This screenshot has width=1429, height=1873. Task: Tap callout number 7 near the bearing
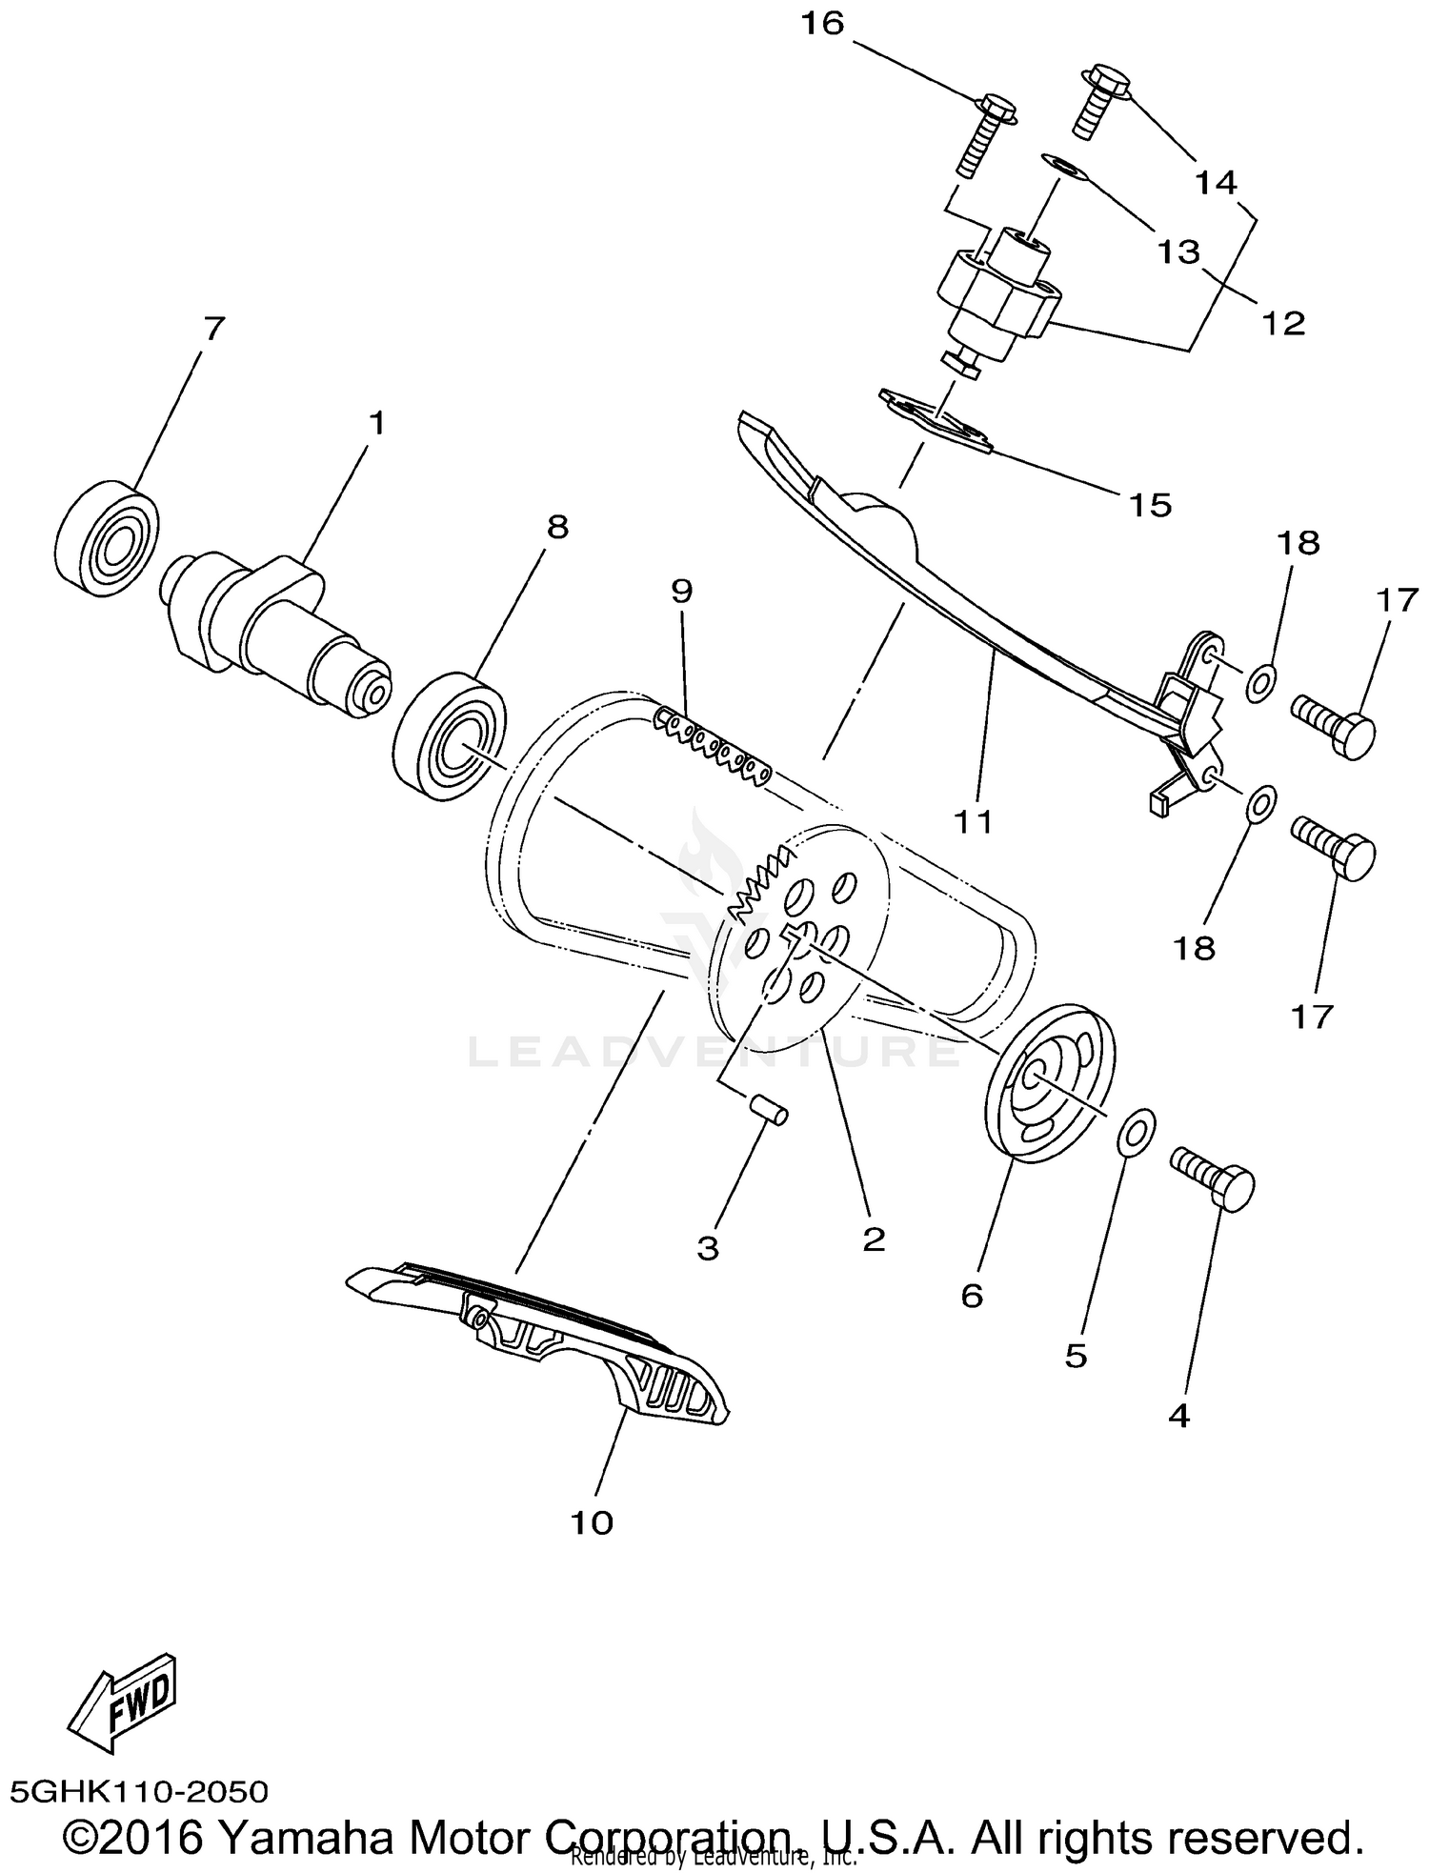(x=214, y=329)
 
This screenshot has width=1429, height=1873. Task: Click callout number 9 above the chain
(x=682, y=591)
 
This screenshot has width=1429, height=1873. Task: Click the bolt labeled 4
(x=1214, y=1179)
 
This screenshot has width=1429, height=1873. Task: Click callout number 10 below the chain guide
(x=592, y=1522)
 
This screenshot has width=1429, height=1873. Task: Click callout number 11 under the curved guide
(x=974, y=820)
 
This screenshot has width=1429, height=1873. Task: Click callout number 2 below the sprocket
(x=873, y=1239)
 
